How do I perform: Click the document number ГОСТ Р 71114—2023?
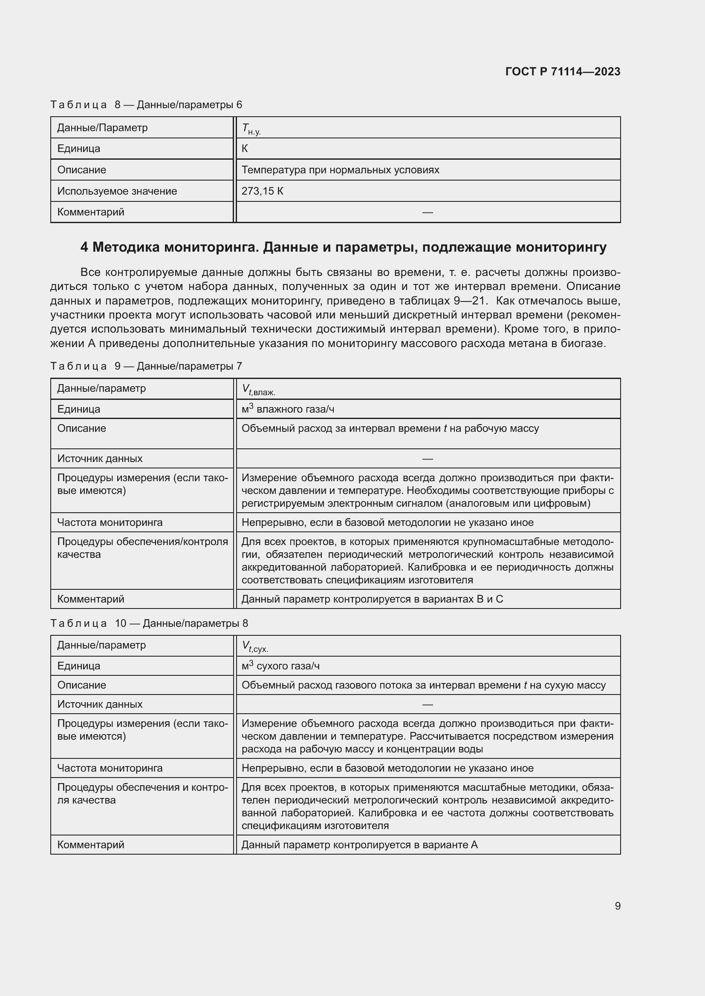[x=563, y=72]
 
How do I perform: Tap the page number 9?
[x=617, y=906]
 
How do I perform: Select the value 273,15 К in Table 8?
[x=262, y=191]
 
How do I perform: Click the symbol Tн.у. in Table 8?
[x=251, y=129]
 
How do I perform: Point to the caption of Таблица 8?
[x=146, y=105]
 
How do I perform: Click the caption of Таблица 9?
[x=146, y=366]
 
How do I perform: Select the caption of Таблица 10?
[x=149, y=623]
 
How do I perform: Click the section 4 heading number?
[x=84, y=247]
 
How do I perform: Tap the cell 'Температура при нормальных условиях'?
[x=340, y=169]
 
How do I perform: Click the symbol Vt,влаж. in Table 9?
[x=258, y=390]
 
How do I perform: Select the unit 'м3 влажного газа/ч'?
[x=287, y=409]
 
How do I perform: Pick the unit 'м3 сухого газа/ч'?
[x=280, y=666]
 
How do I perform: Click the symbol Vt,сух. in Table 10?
[x=255, y=646]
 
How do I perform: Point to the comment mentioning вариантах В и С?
[x=372, y=599]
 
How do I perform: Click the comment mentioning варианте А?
[x=359, y=844]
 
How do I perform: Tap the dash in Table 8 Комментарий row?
[x=427, y=212]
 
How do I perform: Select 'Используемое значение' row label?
[x=117, y=191]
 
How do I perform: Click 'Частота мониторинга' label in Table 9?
[x=110, y=522]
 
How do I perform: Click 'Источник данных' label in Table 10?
[x=100, y=704]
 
